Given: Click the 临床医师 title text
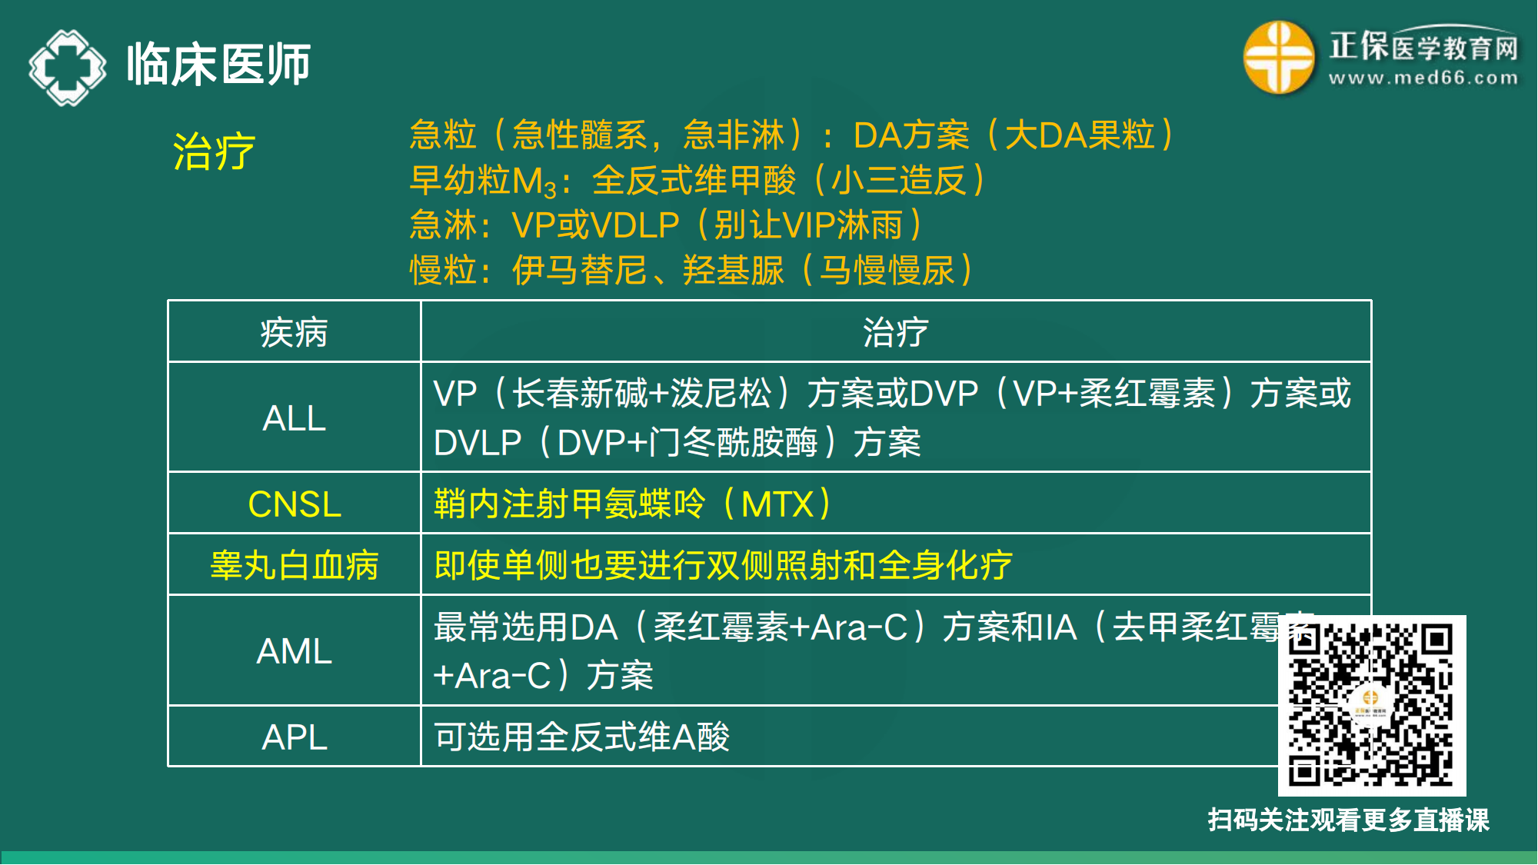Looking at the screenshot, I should coord(218,65).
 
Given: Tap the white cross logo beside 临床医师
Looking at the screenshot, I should coord(68,67).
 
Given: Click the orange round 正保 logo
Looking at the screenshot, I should coord(1278,58).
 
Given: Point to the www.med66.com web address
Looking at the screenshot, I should coord(1423,78).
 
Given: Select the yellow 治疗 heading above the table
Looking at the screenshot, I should coord(214,151).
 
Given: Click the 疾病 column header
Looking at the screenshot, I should coord(294,333).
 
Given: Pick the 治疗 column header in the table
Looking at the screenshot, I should coord(895,333).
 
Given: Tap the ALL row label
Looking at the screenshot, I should coord(294,418).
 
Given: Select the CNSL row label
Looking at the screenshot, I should coord(294,504).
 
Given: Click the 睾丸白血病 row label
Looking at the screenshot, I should coord(294,566).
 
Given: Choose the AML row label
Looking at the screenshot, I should coord(294,651).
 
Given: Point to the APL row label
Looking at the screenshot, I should coord(294,737).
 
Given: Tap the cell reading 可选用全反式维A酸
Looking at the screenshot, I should coord(581,737).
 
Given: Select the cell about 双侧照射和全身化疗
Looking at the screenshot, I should coord(723,566).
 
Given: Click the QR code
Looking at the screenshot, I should coord(1371,705).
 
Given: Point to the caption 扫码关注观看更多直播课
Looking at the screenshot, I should coord(1348,820).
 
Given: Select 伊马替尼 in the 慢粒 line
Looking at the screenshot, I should coord(579,271).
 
